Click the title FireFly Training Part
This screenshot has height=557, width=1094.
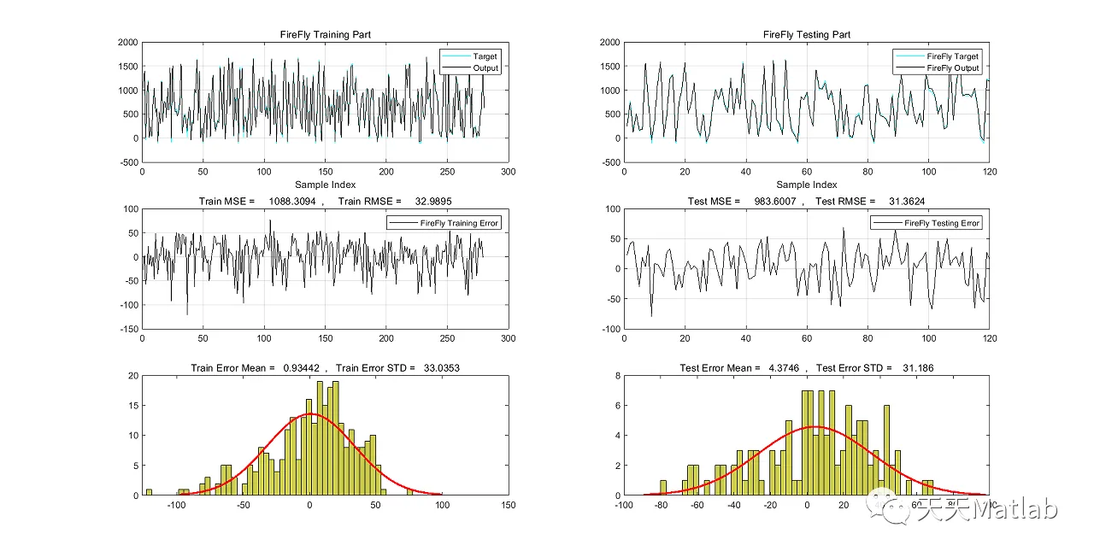(326, 35)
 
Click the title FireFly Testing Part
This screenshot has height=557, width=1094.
(807, 35)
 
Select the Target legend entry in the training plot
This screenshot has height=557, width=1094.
(485, 56)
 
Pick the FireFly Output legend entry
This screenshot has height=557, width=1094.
(952, 68)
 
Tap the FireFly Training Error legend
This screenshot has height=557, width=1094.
(459, 223)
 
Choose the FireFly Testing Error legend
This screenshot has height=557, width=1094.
(941, 223)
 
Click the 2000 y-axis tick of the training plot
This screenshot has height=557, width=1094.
(127, 42)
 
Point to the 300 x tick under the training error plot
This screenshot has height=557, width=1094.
(509, 339)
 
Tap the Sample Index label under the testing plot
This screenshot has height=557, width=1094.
(807, 185)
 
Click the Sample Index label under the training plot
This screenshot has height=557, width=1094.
(326, 185)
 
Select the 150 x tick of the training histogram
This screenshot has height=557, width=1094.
(509, 506)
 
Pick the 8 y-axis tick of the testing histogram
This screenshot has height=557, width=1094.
(615, 375)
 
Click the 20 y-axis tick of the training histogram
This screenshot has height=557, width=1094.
(132, 375)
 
